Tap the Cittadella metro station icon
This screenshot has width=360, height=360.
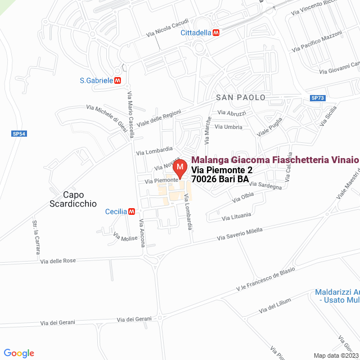[216, 33]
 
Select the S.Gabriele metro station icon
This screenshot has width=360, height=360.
[118, 80]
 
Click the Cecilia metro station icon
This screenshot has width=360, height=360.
[132, 211]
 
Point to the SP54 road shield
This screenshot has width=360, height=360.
[19, 134]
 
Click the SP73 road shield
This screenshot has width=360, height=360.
[318, 98]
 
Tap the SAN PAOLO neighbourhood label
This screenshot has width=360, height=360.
[240, 97]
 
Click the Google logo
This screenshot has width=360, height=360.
[19, 353]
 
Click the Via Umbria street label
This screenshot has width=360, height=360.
[229, 127]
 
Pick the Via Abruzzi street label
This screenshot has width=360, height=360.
[232, 113]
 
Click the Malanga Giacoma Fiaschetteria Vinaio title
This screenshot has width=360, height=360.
[275, 160]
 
